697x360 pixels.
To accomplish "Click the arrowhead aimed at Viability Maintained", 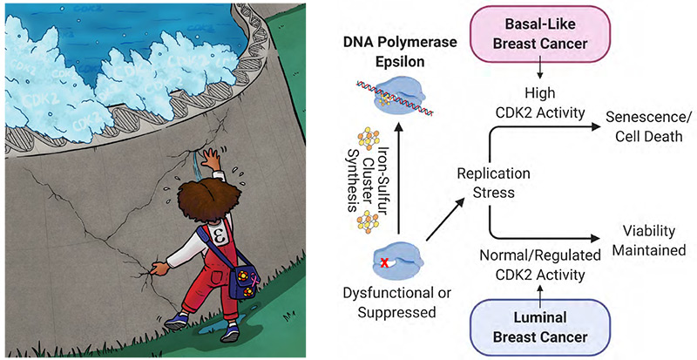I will click(597, 237).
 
